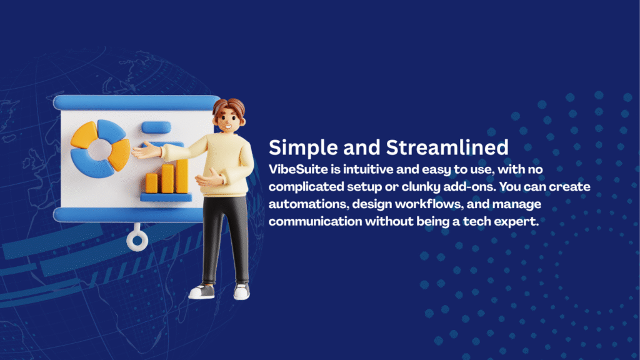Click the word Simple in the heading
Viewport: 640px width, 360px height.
coord(303,147)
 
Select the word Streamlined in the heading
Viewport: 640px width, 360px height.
coord(447,147)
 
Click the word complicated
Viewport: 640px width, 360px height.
coord(306,187)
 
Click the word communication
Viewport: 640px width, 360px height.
coord(315,221)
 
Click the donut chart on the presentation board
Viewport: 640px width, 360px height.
coord(100,149)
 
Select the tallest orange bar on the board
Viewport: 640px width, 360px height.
coord(182,176)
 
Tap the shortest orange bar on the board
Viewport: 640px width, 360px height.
coord(151,183)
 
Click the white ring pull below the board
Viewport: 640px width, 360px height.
coord(137,241)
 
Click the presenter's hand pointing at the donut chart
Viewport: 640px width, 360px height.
coord(145,150)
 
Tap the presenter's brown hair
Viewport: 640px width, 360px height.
coord(229,107)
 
